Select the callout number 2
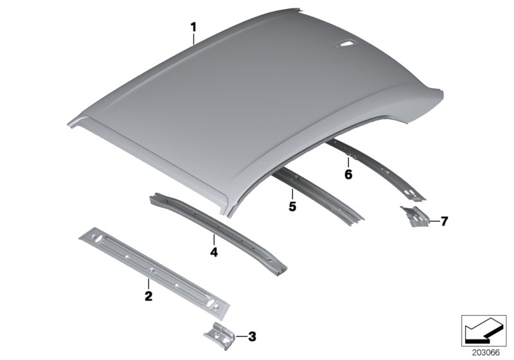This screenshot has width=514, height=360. click(x=148, y=296)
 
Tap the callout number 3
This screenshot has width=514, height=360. click(x=252, y=336)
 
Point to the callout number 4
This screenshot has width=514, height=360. click(x=214, y=253)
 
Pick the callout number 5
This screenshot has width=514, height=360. click(x=292, y=206)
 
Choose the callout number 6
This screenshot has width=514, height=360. click(x=348, y=174)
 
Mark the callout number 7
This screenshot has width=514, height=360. click(x=443, y=222)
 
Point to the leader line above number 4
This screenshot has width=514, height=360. click(x=214, y=240)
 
